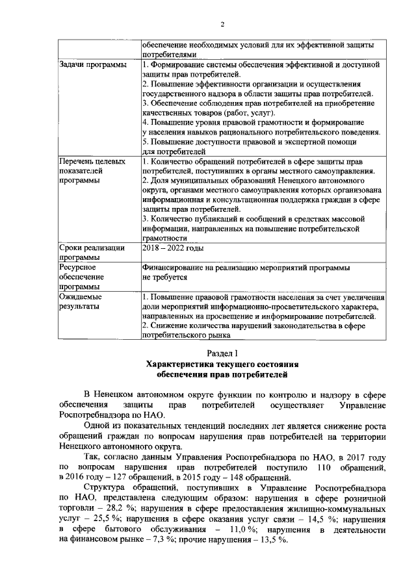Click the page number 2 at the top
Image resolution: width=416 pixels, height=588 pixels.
[222, 25]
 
